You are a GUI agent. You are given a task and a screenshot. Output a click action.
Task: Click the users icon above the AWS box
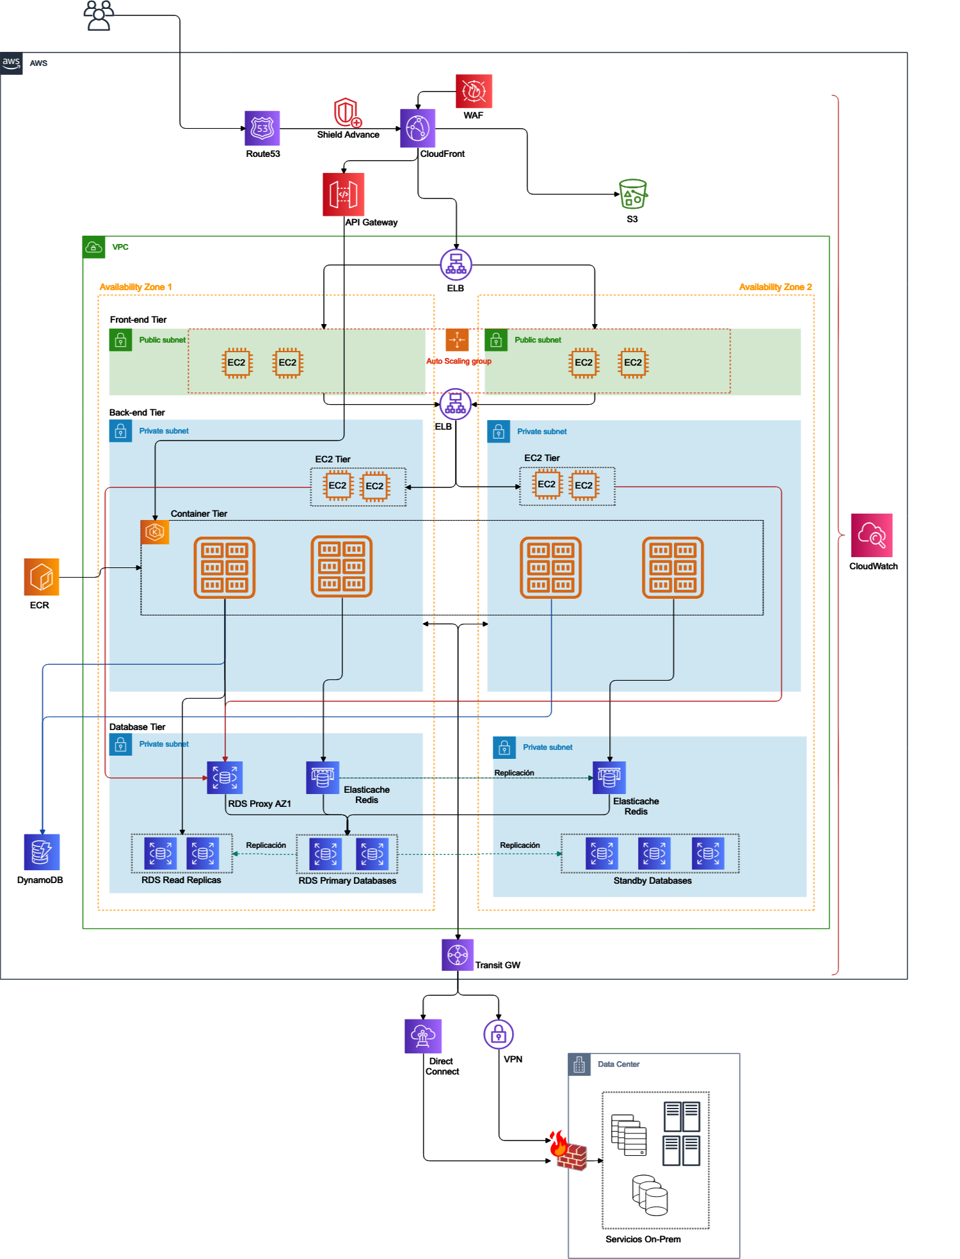tap(99, 15)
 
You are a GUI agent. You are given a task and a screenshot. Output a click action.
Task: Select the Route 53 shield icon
tap(262, 128)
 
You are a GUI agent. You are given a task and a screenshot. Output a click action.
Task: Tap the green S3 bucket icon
tap(633, 193)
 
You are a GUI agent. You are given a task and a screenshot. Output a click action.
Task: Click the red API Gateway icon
tap(344, 195)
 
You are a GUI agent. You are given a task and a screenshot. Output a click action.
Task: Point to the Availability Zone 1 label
tap(136, 287)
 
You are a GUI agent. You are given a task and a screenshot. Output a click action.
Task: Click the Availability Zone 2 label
tap(775, 287)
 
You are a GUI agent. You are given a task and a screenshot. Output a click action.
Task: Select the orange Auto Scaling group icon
tap(457, 340)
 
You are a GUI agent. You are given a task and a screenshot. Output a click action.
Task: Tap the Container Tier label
tap(199, 514)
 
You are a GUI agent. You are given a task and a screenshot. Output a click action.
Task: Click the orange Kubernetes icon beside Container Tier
tap(155, 532)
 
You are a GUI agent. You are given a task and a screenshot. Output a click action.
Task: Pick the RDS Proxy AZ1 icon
tap(225, 777)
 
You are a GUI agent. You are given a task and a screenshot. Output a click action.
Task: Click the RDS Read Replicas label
tap(181, 880)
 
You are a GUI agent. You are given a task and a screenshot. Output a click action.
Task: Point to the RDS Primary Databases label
tap(347, 881)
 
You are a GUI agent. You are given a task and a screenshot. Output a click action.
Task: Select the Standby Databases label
tap(652, 881)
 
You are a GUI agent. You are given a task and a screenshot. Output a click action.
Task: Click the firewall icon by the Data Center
tap(568, 1151)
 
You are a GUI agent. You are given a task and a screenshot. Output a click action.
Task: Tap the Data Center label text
tap(619, 1064)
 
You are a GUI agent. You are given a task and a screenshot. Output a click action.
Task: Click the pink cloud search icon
tap(872, 535)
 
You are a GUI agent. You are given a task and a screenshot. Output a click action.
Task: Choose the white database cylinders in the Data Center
tap(650, 1195)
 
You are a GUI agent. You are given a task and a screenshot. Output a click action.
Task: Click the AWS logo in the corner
tap(12, 63)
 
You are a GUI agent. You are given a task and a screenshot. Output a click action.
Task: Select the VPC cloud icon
tap(94, 247)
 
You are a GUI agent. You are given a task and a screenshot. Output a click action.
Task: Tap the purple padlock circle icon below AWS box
tap(499, 1034)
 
